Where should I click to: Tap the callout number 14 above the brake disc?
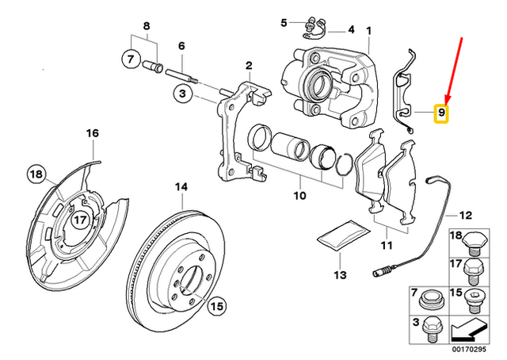(x=181, y=188)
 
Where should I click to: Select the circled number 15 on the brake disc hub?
(x=218, y=304)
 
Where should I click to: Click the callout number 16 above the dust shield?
(x=92, y=132)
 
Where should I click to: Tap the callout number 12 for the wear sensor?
(x=465, y=215)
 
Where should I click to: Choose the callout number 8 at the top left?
(x=145, y=26)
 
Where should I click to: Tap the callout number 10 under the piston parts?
(x=299, y=193)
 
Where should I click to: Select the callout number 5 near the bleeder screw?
(x=284, y=23)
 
